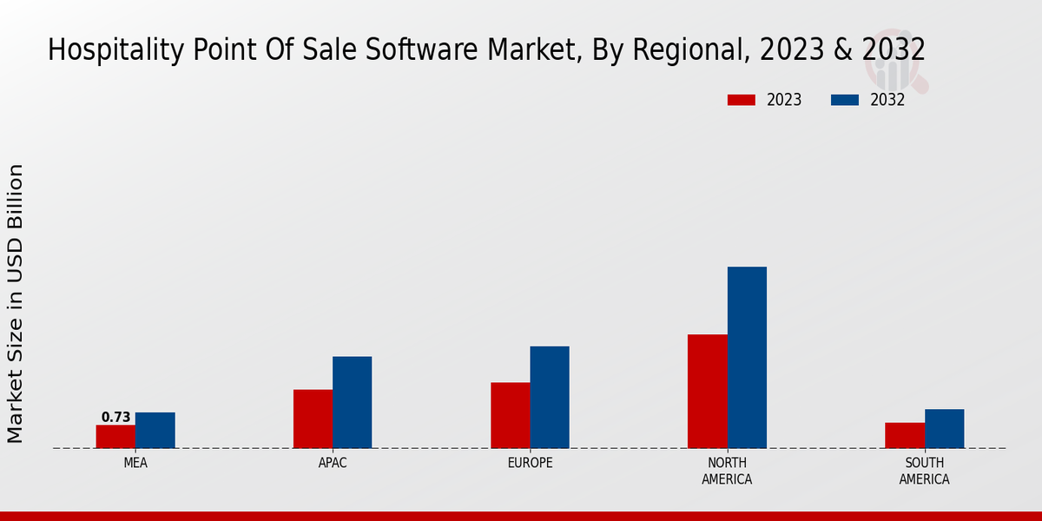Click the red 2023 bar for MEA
tap(115, 437)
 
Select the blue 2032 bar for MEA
tap(155, 431)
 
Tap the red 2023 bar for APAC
tap(313, 419)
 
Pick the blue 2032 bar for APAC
tap(352, 402)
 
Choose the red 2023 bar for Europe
tap(510, 415)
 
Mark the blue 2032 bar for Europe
tap(550, 397)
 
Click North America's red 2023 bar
tap(707, 391)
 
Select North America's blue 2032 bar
tap(747, 357)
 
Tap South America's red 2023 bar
tap(904, 435)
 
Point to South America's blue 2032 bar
tap(944, 429)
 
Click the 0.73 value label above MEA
tap(115, 418)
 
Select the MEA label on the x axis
tap(135, 464)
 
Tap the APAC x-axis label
tap(333, 464)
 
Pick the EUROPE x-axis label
tap(530, 464)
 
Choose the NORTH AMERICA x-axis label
tap(728, 472)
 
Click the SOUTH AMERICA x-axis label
tap(924, 472)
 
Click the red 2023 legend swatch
tap(741, 100)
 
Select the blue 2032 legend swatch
tap(844, 100)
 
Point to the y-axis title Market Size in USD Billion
tap(16, 303)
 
